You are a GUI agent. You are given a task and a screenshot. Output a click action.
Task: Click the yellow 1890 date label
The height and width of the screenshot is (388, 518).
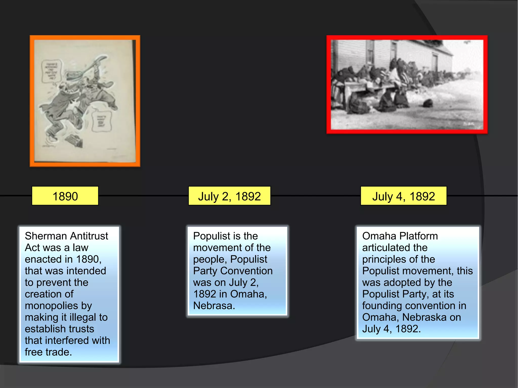[65, 196]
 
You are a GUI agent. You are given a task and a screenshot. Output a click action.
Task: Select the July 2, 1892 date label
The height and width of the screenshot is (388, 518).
[229, 196]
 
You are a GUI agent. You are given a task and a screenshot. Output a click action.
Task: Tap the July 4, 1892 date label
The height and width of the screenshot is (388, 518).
[403, 196]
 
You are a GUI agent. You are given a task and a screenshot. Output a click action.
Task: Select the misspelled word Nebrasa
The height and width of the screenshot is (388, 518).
[214, 306]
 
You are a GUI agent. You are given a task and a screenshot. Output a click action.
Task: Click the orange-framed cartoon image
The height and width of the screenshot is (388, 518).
[85, 101]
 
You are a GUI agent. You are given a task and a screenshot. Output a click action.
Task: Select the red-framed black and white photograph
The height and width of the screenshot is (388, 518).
[407, 84]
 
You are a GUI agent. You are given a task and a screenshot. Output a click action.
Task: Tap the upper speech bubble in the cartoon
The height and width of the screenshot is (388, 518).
[52, 71]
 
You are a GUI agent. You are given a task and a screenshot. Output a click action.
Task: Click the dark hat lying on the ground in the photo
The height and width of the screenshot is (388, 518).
[428, 103]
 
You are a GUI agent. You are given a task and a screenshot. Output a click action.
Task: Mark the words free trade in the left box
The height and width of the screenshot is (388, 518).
[48, 352]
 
